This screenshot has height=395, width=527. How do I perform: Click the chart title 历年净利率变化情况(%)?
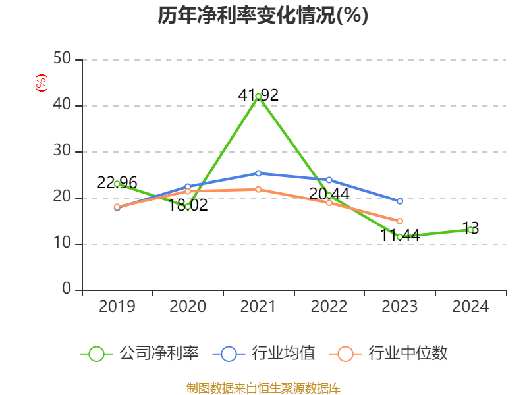pos(263,15)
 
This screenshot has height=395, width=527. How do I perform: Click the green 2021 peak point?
pos(258,96)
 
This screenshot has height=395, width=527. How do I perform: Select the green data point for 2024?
pos(470,230)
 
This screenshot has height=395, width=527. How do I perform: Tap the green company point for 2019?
pos(117,184)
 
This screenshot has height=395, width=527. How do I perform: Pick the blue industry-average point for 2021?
pos(258,173)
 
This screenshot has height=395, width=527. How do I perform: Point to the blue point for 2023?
pos(400,201)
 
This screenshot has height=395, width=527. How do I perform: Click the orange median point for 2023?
pos(400,221)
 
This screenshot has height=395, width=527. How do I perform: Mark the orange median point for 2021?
pos(258,190)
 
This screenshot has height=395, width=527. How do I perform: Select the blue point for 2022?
pos(329,180)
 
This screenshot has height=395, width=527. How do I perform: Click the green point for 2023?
pos(400,236)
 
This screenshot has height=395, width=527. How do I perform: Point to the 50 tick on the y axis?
pos(63,59)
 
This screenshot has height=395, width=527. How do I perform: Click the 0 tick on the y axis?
pos(67,290)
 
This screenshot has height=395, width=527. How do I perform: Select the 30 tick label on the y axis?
pos(63,151)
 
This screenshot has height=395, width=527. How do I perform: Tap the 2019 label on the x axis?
pos(117,307)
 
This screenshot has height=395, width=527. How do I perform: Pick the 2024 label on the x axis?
pos(470,307)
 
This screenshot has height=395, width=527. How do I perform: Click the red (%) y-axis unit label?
pos(42,83)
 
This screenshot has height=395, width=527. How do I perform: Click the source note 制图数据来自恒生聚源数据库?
pos(263,388)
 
